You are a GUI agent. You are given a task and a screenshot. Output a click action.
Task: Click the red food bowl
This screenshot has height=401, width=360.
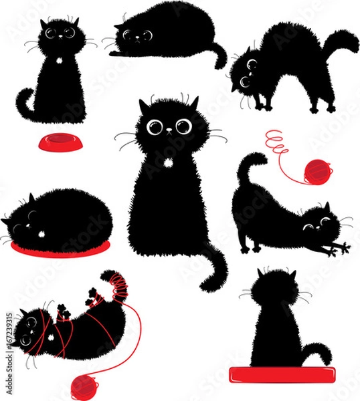click(x=56, y=142)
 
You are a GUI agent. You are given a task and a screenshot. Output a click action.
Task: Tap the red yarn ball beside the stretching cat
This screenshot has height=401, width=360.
click(x=317, y=172)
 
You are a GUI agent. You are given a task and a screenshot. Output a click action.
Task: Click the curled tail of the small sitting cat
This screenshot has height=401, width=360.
click(x=25, y=107)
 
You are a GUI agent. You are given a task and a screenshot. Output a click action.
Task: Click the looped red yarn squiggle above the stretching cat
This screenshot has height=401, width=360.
click(x=276, y=142)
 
